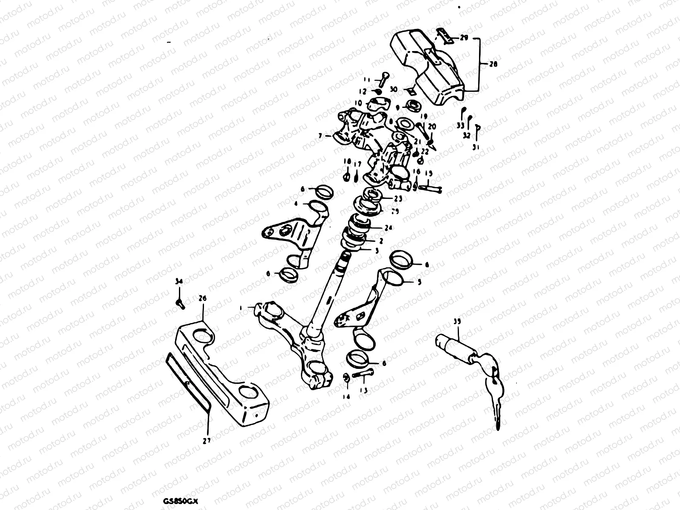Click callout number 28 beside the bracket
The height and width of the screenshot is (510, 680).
[x=493, y=65]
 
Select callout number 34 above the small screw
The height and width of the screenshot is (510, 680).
[x=179, y=281]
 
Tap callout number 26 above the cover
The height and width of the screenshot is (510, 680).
[x=202, y=299]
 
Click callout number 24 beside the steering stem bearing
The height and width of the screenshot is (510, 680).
[x=388, y=228]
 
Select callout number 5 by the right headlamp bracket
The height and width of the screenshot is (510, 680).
[x=419, y=281]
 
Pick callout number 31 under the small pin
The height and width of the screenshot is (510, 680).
[x=476, y=147]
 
